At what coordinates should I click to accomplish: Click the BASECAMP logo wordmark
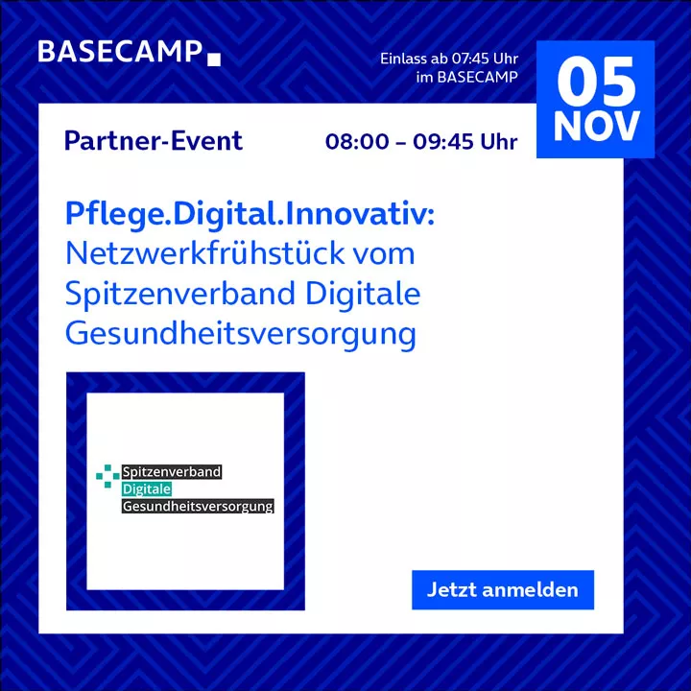click(120, 52)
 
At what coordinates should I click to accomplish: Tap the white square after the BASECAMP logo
click(214, 60)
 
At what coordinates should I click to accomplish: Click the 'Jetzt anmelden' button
click(503, 589)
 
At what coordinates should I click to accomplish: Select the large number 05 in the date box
click(596, 82)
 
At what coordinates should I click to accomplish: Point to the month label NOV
click(596, 127)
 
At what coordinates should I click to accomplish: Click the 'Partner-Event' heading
click(154, 141)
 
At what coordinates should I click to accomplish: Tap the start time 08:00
click(357, 142)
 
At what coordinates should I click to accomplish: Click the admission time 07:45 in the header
click(467, 59)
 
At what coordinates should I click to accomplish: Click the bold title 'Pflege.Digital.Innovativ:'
click(250, 215)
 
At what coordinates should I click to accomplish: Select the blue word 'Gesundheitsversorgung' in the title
click(241, 335)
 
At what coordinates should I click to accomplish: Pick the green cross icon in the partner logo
click(107, 476)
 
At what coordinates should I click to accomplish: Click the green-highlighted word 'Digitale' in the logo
click(147, 489)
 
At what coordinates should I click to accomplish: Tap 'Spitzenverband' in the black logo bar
click(172, 472)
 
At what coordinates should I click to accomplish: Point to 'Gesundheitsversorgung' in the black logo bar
click(198, 506)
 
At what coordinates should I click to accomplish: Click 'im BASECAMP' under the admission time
click(467, 77)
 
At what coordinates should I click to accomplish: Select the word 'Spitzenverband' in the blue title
click(180, 295)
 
